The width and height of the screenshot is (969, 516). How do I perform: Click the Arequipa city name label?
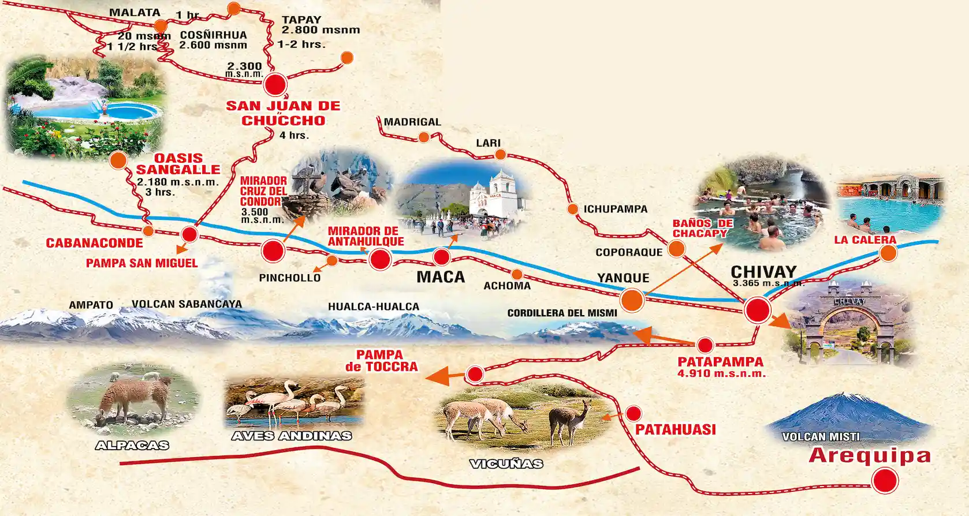point(870,455)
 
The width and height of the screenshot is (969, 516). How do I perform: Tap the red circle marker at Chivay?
point(757,310)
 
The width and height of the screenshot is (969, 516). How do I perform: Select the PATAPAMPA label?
point(720,362)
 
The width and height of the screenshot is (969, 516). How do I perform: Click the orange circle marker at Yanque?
point(632,300)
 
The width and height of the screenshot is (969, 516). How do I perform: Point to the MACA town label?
point(441,277)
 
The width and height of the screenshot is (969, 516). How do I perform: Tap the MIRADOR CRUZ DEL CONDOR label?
point(263,191)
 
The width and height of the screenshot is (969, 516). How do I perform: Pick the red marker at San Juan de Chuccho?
point(275,85)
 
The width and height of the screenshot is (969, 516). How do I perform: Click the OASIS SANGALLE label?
point(178,163)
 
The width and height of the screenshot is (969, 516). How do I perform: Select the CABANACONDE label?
point(94,243)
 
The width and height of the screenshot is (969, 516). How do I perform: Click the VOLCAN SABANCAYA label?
point(187,304)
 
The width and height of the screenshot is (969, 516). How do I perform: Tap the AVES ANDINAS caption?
point(292,436)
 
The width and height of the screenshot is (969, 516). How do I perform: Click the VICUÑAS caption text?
point(506,463)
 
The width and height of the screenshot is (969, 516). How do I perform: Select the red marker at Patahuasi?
point(633,413)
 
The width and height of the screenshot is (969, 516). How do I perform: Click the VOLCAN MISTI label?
point(821,437)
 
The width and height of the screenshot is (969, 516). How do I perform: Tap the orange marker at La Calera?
point(888,253)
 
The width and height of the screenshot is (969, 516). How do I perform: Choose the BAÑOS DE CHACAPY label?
point(702,229)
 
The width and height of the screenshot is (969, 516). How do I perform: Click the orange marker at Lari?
point(500,155)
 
